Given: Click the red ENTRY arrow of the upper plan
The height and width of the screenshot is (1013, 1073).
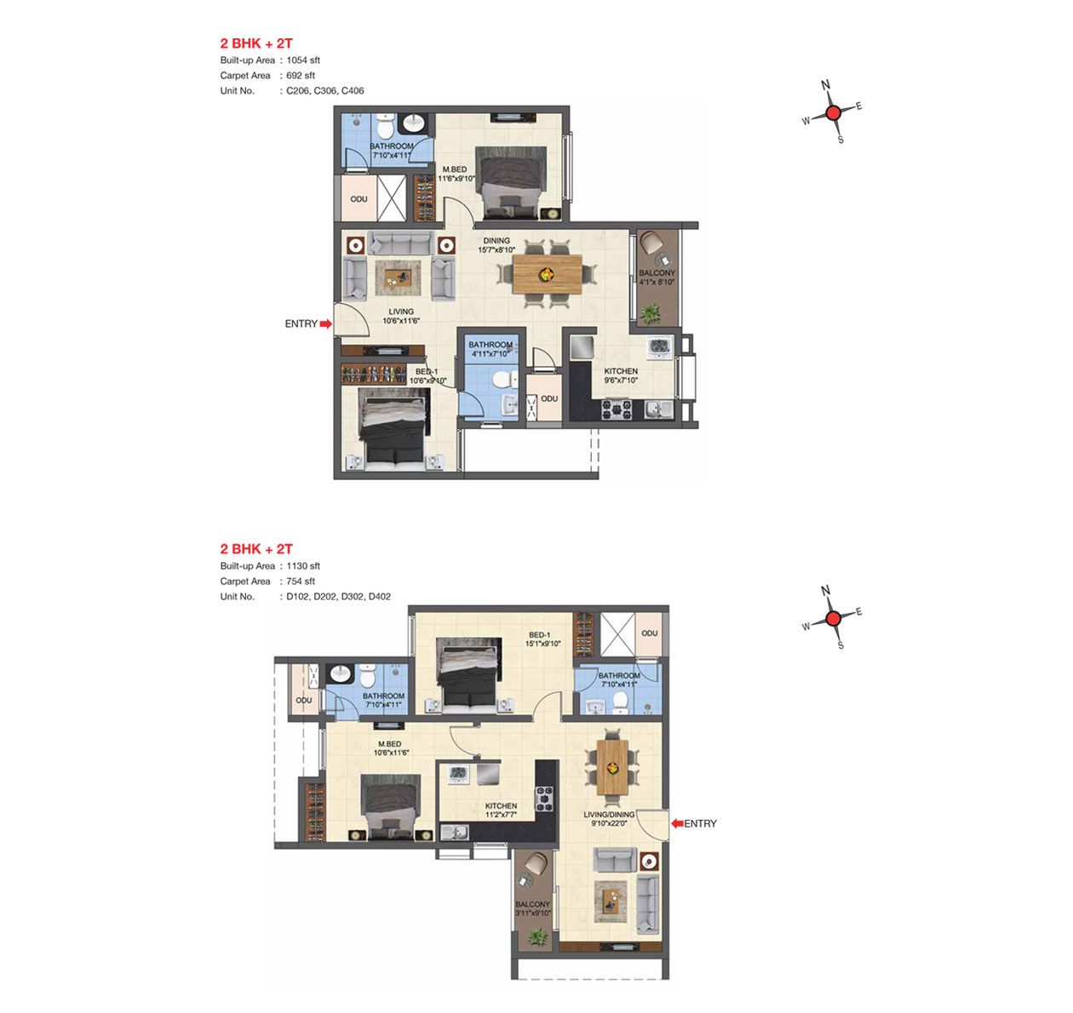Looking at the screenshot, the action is point(325,323).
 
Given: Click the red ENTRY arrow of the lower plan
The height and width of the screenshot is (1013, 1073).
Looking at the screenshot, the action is point(678,823).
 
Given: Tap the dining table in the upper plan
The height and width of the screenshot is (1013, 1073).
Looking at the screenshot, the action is point(547,274).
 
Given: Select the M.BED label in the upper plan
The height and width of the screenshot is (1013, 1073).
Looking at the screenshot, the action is point(455,169).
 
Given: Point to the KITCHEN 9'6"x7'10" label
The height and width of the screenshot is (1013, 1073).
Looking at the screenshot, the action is point(621,375).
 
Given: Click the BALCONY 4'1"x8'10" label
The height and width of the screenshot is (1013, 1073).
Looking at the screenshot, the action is point(657,278).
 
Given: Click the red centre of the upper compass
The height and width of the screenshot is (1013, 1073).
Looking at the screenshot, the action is point(834,113).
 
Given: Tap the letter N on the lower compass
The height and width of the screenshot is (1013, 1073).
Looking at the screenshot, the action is point(825,590).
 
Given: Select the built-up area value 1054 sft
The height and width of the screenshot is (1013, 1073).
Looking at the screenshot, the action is point(303,60).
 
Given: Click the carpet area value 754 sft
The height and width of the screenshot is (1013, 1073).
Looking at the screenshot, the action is point(301,581).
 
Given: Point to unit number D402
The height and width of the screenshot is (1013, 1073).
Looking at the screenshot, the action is point(379,597).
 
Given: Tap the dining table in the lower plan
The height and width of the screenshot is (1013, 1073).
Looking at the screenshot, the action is point(612,767).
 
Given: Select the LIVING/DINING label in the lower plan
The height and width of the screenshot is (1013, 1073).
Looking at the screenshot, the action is point(609,814).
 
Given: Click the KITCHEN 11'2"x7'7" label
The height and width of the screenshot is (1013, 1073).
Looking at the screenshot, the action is point(501,810).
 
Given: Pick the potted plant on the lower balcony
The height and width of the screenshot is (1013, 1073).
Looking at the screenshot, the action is point(536,936).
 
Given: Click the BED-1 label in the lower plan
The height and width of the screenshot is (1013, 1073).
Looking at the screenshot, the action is point(539,635).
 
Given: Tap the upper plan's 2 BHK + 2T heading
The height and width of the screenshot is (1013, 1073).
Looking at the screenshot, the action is point(256,43).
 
